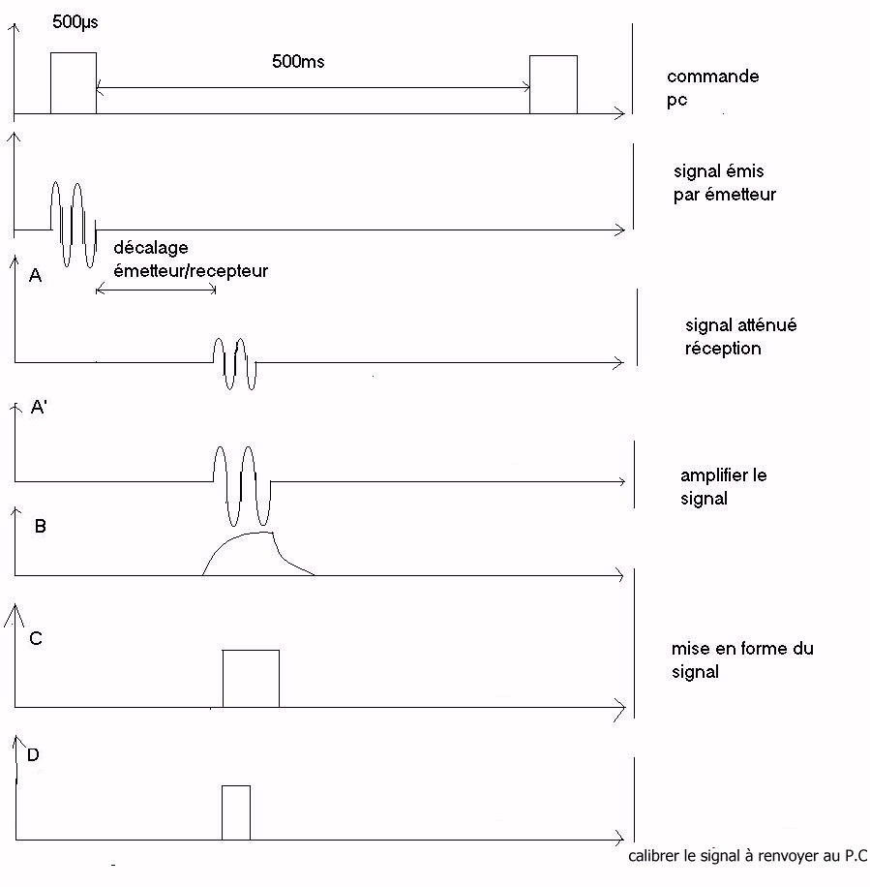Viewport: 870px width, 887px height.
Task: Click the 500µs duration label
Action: point(75,19)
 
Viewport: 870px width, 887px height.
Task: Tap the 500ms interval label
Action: point(298,62)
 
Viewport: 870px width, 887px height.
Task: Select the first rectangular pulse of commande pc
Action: point(74,83)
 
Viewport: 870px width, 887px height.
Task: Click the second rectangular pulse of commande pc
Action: point(554,85)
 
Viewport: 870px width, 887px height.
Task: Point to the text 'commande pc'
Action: point(712,87)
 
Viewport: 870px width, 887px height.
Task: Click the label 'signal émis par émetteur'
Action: point(724,183)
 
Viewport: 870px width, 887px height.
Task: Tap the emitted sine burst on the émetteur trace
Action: point(74,224)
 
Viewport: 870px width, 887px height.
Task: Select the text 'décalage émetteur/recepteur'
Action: point(190,260)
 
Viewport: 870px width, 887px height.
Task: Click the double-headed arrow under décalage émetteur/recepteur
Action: point(156,289)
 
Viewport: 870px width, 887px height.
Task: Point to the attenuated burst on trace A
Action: point(235,363)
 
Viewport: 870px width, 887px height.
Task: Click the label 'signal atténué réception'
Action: point(740,337)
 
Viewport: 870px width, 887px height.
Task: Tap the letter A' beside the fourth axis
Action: point(40,408)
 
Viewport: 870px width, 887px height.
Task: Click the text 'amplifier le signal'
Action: point(723,487)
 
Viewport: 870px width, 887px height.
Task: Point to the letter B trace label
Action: point(41,527)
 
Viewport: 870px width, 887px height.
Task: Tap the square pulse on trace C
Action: point(251,678)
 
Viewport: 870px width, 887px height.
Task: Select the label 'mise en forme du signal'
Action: point(741,659)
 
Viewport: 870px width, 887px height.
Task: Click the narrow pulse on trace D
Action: point(236,812)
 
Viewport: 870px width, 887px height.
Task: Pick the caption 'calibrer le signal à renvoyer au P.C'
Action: point(747,856)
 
